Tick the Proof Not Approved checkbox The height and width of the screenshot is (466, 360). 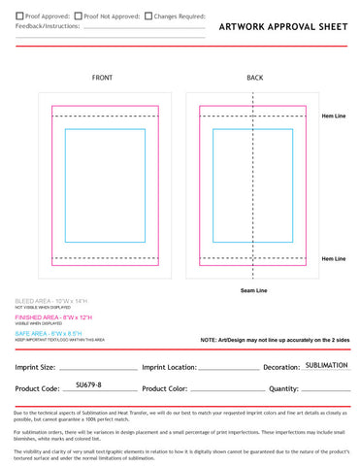78,17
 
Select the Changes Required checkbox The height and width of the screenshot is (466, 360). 147,17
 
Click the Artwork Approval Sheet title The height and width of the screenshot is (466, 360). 282,28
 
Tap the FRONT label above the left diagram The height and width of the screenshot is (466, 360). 103,77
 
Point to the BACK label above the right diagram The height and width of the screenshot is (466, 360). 255,77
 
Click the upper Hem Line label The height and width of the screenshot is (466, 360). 334,116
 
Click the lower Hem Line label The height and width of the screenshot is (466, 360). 334,258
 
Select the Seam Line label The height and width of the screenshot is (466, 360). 254,290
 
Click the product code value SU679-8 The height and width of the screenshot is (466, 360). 88,385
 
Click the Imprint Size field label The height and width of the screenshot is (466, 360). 36,368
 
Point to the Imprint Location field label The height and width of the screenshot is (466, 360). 169,368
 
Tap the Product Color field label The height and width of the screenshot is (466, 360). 171,388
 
